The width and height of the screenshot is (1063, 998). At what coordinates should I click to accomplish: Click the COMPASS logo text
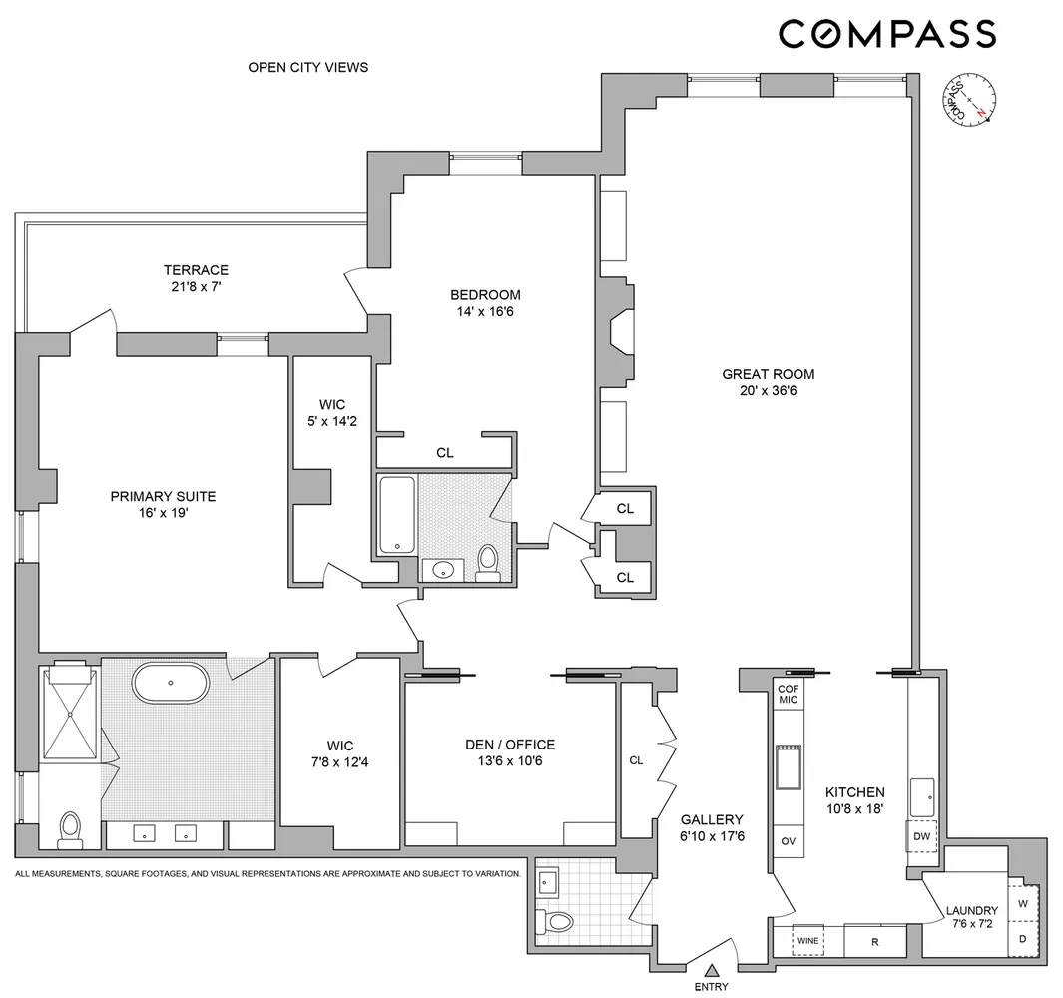[x=886, y=34]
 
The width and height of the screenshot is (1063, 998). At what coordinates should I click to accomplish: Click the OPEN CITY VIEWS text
[x=307, y=68]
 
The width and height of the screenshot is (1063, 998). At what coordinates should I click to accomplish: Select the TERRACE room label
[x=196, y=270]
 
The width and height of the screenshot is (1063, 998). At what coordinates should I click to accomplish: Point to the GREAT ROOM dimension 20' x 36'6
[x=768, y=391]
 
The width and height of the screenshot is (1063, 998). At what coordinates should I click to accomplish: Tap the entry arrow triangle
[x=712, y=969]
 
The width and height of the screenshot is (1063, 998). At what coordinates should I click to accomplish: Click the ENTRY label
[x=712, y=987]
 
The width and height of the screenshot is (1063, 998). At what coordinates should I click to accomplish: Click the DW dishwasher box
[x=920, y=837]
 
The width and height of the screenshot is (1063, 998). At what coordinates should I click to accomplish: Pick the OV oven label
[x=788, y=841]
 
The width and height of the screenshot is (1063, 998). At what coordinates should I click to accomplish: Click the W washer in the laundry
[x=1022, y=903]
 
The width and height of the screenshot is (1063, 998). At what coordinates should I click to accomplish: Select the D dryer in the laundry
[x=1022, y=939]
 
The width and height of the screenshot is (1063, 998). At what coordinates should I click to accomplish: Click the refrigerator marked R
[x=874, y=940]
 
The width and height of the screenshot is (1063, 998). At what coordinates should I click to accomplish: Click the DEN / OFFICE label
[x=510, y=745]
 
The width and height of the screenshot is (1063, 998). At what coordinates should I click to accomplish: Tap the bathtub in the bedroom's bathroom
[x=397, y=515]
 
